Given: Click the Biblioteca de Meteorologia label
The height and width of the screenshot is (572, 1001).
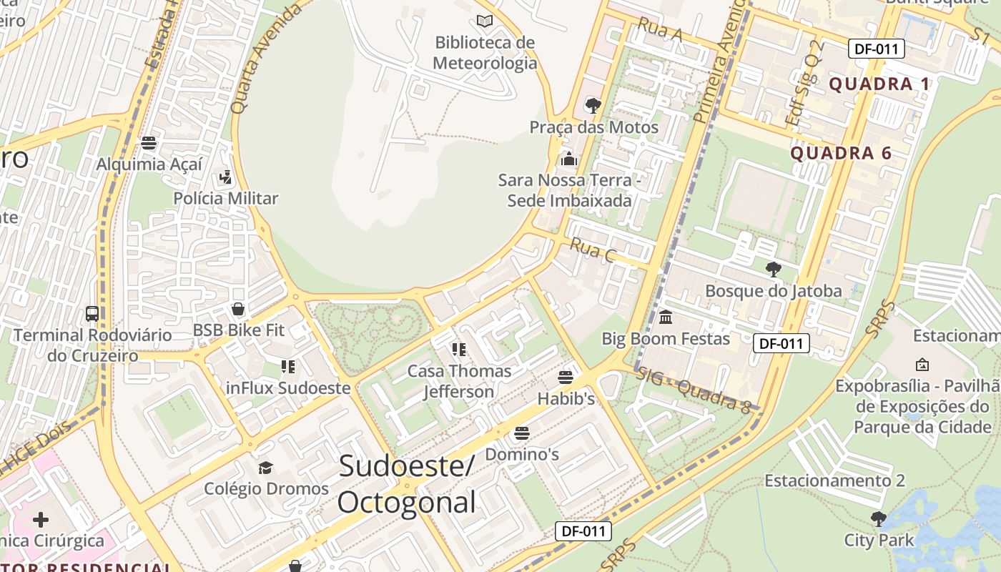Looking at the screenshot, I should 485,53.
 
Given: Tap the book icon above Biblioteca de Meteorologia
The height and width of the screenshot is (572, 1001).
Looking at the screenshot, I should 485,21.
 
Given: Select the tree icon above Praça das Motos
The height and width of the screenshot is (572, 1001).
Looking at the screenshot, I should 593,106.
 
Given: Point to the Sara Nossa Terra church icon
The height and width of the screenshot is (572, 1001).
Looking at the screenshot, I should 569,158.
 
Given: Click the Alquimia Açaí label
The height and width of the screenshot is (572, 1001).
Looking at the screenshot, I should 149,164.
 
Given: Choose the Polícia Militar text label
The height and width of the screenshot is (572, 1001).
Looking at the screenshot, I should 226,198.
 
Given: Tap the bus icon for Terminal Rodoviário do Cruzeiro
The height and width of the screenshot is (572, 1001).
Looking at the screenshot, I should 92,313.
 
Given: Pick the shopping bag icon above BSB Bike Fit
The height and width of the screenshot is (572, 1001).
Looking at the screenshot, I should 238,309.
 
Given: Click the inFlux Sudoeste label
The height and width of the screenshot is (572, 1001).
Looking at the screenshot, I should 288,388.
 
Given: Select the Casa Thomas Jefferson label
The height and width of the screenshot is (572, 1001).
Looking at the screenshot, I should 459,381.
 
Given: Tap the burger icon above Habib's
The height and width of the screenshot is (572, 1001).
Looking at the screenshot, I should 566,377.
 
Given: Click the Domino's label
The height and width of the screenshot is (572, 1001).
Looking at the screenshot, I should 522,454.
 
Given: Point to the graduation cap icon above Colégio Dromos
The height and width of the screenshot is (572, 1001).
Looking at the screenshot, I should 266,468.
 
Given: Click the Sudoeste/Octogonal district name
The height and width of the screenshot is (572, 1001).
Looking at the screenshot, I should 406,484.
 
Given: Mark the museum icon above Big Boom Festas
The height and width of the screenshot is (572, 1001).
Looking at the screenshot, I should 666,317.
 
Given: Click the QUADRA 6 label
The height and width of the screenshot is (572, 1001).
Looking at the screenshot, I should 841,153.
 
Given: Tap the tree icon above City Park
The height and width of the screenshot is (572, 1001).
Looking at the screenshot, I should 879,518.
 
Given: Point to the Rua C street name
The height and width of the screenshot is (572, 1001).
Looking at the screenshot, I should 593,250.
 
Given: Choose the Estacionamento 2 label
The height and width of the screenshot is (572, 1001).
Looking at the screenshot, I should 834,480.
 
